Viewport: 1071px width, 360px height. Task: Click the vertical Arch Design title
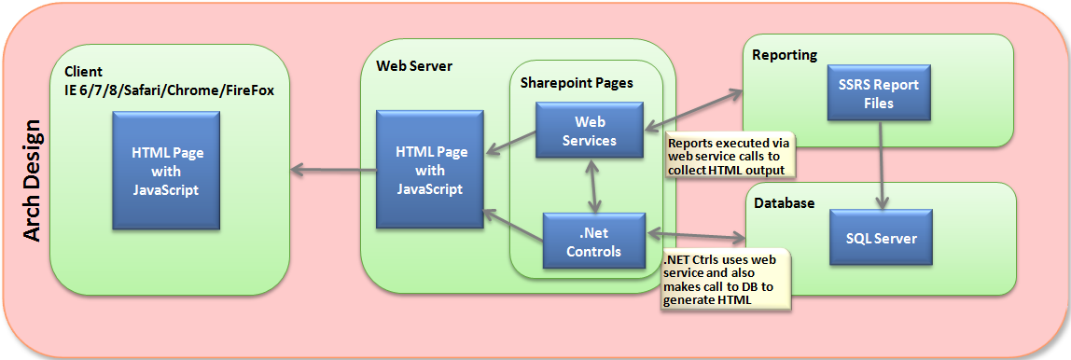click(31, 180)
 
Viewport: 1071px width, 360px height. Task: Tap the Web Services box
click(589, 132)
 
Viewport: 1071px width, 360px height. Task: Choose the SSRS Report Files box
click(878, 93)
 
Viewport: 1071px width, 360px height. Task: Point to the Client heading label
click(83, 72)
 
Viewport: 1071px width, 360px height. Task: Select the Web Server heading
click(414, 66)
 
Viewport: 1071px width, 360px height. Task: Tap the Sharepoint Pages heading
click(577, 82)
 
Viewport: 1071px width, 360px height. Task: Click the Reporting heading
click(785, 55)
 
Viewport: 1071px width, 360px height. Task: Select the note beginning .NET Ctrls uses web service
click(725, 279)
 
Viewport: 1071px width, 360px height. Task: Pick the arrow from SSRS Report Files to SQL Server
click(879, 168)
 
